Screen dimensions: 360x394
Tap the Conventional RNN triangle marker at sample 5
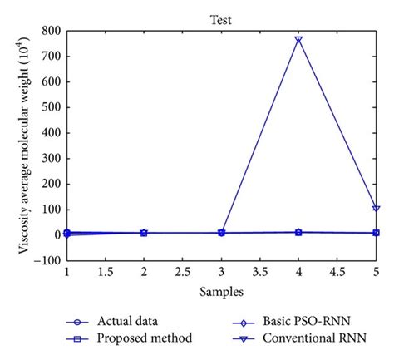[x=376, y=208]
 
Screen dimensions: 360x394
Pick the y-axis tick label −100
[x=48, y=259]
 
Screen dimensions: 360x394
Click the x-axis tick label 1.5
[x=105, y=271]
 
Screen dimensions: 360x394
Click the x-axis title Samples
[x=221, y=292]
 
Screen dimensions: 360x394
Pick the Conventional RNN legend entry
[x=308, y=338]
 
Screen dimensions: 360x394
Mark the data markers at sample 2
[x=144, y=233]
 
